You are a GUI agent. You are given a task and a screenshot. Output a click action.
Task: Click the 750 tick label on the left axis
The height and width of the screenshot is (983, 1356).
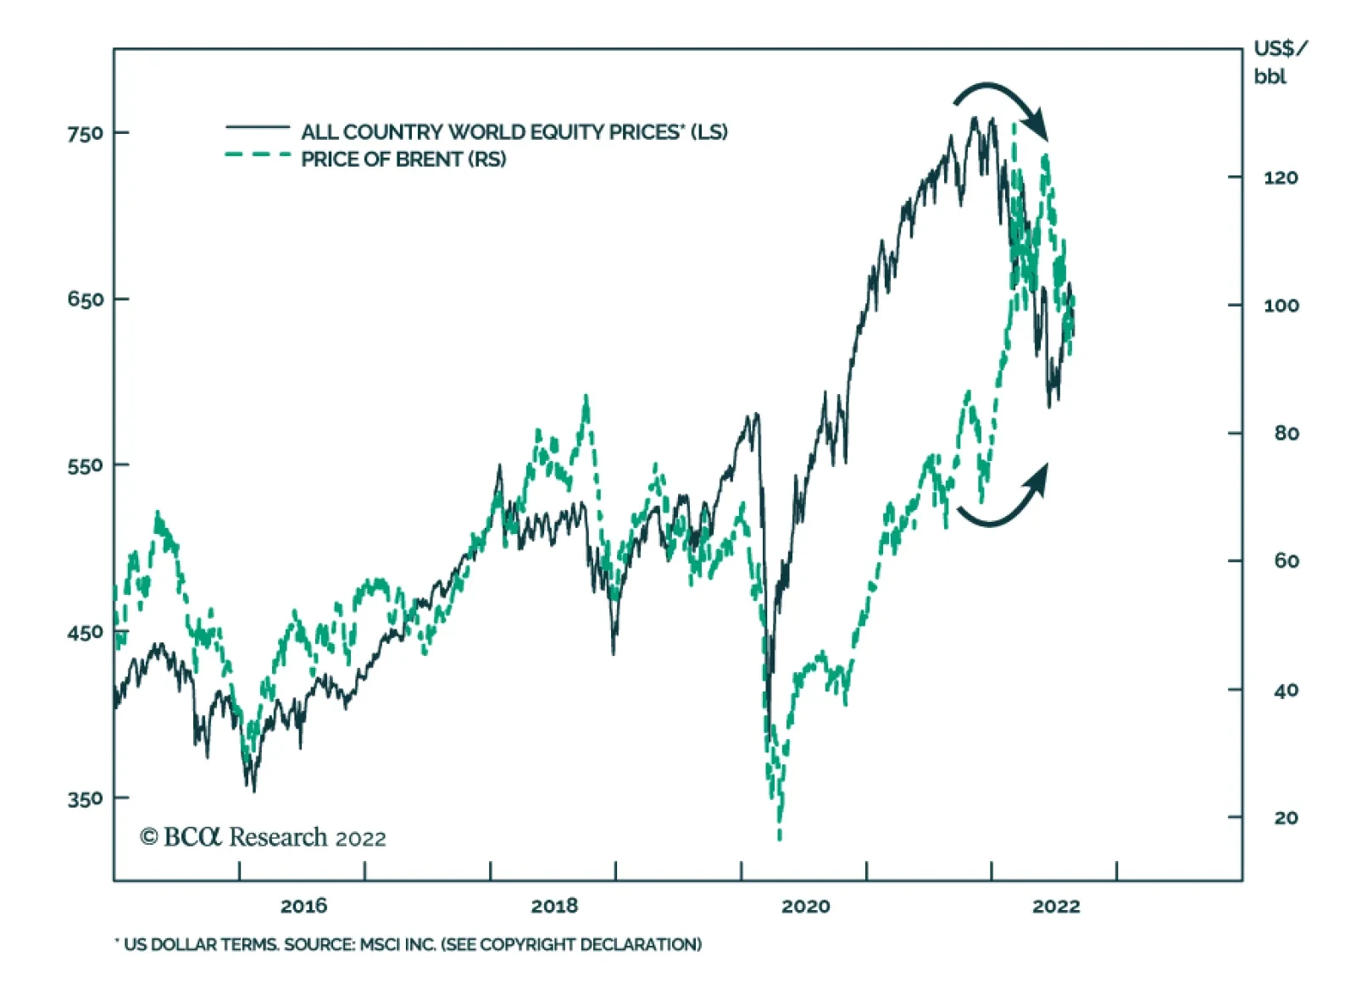point(85,133)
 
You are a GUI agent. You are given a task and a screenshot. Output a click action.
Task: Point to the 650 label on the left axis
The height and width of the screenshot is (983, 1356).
point(85,299)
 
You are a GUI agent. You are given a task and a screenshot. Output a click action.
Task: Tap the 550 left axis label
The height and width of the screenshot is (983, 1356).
point(85,465)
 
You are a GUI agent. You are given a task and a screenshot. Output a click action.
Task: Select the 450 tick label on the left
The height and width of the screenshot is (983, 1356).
point(85,632)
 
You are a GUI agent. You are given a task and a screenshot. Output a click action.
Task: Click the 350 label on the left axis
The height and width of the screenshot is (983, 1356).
point(85,798)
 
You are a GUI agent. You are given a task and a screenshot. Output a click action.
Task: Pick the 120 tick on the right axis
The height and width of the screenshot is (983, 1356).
point(1281,178)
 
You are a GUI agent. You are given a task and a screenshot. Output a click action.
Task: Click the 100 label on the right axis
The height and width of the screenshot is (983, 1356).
point(1281,306)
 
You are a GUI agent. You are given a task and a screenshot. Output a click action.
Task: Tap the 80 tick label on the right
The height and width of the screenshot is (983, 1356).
point(1286,433)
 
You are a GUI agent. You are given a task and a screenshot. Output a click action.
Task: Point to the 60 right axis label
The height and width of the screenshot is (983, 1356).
point(1286,561)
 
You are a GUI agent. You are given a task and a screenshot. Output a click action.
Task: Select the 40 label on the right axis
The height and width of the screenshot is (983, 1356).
point(1286,691)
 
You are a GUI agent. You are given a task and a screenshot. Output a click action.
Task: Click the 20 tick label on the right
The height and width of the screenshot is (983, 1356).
point(1286,818)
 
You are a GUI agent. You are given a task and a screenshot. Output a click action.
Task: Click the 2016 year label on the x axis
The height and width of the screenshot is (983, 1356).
point(303,906)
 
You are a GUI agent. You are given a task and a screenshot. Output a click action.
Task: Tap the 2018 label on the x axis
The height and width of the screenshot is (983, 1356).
point(554,906)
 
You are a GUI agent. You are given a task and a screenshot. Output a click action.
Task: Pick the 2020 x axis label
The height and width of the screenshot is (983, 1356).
point(805,906)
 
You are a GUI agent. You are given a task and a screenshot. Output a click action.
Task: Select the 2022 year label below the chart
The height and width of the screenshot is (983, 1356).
point(1056,906)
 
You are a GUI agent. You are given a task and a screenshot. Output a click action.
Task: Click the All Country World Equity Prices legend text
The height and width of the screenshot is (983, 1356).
point(514,132)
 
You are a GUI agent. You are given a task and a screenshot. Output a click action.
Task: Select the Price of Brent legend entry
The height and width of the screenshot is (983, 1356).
point(403,159)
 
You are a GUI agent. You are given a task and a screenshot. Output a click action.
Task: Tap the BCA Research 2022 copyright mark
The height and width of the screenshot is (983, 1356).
point(263,837)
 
